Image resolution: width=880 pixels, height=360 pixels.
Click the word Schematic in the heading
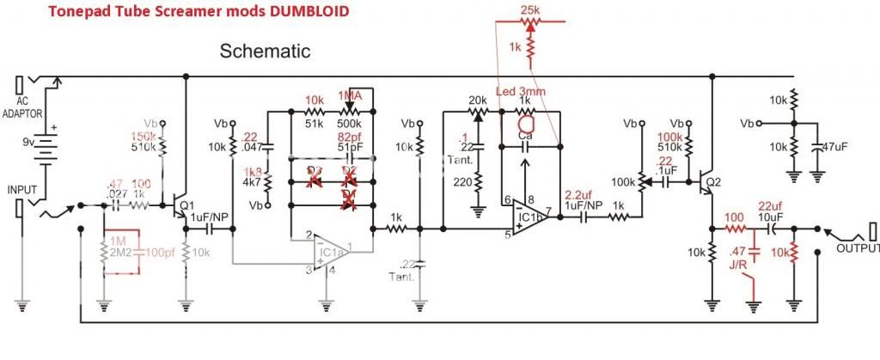tap(265, 51)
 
